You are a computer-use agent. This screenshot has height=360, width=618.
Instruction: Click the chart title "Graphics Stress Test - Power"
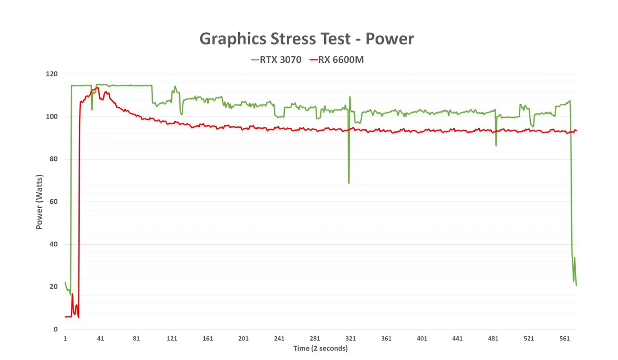(306, 39)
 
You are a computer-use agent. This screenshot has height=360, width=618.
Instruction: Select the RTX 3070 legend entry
(276, 60)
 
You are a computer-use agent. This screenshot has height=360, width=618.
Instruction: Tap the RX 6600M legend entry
(337, 60)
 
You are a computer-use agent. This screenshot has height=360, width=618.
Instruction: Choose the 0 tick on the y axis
(55, 329)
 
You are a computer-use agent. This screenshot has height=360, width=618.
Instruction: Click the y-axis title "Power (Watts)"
(39, 202)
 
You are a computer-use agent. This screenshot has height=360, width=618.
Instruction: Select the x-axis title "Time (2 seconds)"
(320, 348)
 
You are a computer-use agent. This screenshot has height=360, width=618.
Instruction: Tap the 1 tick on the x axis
(65, 339)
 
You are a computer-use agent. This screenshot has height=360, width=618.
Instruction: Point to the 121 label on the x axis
(172, 339)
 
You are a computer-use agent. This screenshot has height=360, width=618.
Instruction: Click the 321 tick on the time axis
(351, 339)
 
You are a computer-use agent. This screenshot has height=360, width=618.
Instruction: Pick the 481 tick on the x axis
(493, 339)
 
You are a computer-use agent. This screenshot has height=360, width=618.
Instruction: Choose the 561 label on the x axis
(565, 339)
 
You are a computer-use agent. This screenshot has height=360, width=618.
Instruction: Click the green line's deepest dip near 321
(349, 183)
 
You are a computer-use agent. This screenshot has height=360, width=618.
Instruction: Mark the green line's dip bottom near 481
(496, 145)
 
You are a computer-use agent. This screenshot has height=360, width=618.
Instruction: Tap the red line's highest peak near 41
(98, 88)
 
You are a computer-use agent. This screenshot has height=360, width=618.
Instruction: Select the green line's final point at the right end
(576, 285)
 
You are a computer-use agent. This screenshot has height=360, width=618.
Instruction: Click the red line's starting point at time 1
(65, 317)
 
